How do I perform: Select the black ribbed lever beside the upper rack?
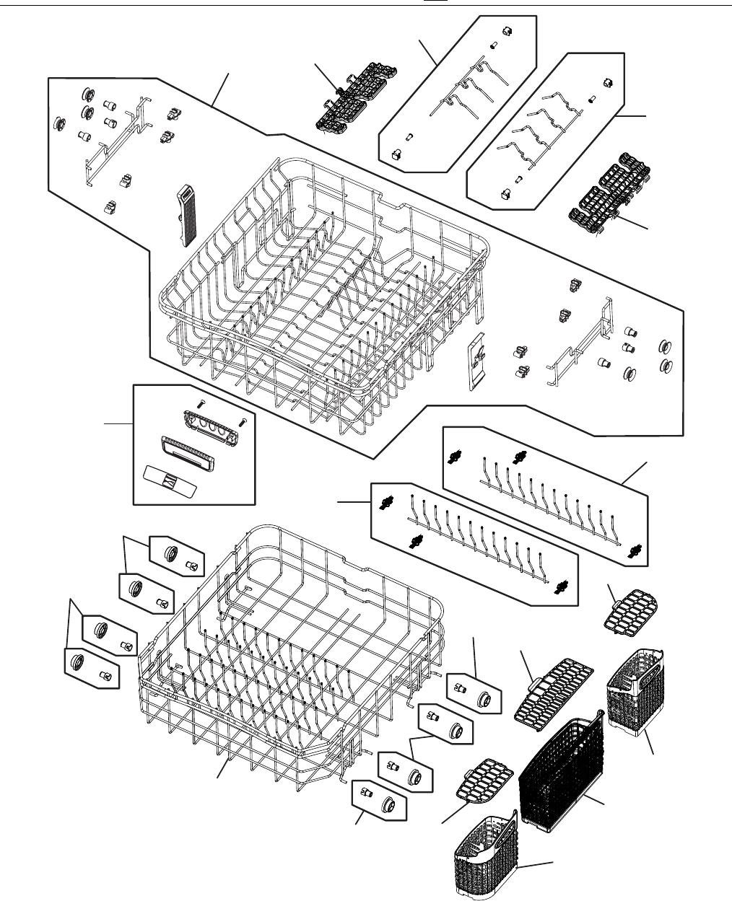click(x=186, y=213)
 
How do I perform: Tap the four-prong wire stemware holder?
click(x=549, y=133)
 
